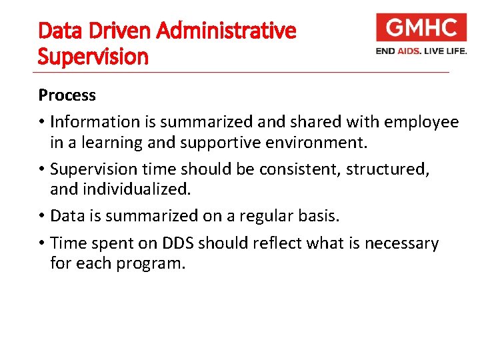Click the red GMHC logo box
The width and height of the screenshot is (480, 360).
[x=421, y=28]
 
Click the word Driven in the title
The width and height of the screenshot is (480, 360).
[x=109, y=31]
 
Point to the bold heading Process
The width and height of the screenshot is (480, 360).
[x=67, y=95]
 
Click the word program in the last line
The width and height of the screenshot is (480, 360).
[x=151, y=263]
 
